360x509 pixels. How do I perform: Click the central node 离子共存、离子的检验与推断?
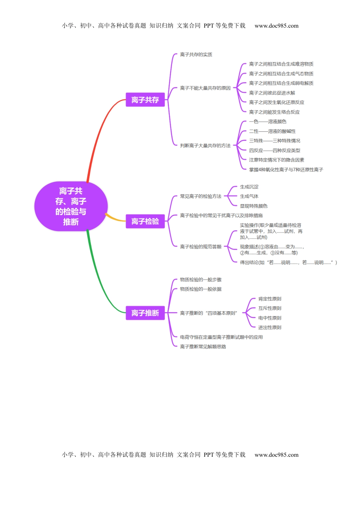pyautogui.click(x=71, y=206)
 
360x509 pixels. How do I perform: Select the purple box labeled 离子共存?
pyautogui.click(x=145, y=100)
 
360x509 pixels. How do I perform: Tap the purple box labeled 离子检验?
pyautogui.click(x=145, y=221)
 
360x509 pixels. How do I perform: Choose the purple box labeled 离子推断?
pyautogui.click(x=145, y=313)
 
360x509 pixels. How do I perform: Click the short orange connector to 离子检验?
pyautogui.click(x=115, y=219)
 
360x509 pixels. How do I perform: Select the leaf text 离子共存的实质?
pyautogui.click(x=196, y=55)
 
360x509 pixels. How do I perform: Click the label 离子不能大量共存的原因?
pyautogui.click(x=205, y=88)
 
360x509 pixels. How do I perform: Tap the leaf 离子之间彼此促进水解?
pyautogui.click(x=272, y=93)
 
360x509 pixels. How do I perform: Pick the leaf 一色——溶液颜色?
pyautogui.click(x=268, y=122)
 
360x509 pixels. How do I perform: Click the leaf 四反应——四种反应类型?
pyautogui.click(x=274, y=150)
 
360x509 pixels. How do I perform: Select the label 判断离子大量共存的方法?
pyautogui.click(x=205, y=145)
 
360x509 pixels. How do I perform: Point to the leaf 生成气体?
pyautogui.click(x=249, y=196)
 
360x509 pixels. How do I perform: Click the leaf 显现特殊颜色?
pyautogui.click(x=254, y=206)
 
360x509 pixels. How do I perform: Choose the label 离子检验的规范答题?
pyautogui.click(x=200, y=247)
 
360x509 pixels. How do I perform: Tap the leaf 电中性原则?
pyautogui.click(x=269, y=318)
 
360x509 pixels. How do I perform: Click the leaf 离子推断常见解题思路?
pyautogui.click(x=203, y=347)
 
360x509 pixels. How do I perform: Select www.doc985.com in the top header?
pyautogui.click(x=276, y=26)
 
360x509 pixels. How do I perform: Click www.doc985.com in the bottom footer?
pyautogui.click(x=276, y=455)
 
